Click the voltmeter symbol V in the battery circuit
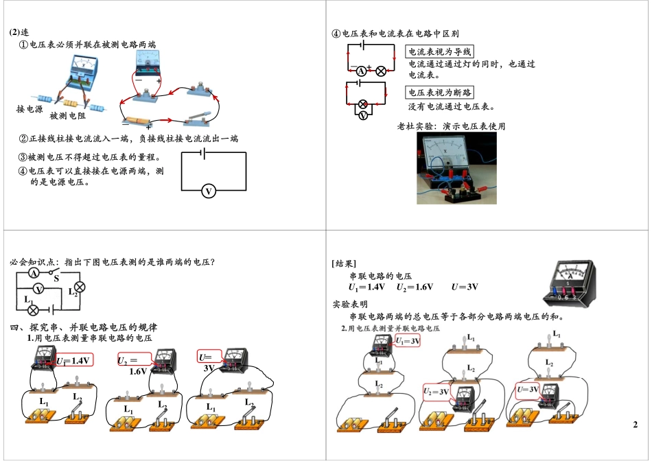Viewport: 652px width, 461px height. tap(209, 191)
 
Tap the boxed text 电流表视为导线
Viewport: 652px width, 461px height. tap(440, 52)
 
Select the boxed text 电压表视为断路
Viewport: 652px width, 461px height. tap(440, 93)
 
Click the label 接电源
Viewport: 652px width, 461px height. tap(29, 109)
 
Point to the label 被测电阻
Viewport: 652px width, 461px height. tap(67, 116)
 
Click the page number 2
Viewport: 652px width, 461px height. tap(635, 425)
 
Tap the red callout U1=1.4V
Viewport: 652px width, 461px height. tap(74, 360)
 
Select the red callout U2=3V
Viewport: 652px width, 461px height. tap(436, 392)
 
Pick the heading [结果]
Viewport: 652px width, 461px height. tap(343, 263)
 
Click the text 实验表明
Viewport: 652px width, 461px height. tap(349, 305)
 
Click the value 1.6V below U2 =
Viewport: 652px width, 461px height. tap(138, 371)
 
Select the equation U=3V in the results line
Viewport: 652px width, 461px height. tap(464, 287)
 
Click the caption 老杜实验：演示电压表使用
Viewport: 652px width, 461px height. tap(451, 126)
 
